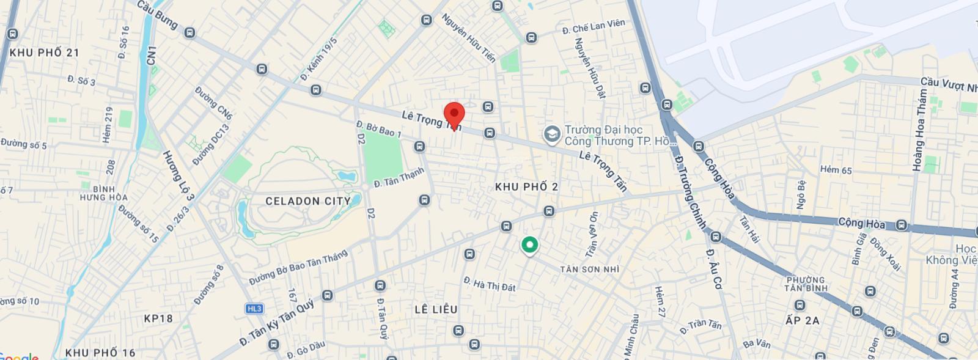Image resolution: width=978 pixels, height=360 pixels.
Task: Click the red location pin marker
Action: [x=454, y=114]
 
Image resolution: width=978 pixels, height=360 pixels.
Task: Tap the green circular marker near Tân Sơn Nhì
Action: [x=529, y=245]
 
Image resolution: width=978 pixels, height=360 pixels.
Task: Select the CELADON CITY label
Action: [x=308, y=201]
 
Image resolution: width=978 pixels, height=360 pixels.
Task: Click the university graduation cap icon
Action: [x=552, y=135]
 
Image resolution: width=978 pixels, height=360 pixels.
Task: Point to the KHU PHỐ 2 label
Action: [x=526, y=187]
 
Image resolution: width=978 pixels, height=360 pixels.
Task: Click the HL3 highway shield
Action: [x=254, y=309]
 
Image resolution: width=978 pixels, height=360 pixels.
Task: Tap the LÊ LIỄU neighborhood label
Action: [x=436, y=310]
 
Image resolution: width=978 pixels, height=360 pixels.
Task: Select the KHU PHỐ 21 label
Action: [x=45, y=53]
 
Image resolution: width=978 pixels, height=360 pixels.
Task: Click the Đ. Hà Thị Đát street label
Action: [x=490, y=284]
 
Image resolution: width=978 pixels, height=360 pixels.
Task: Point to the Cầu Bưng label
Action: [x=157, y=15]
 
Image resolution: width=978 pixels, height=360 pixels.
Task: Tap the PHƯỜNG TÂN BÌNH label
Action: [x=806, y=284]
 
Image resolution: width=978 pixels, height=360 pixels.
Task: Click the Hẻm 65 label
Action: [x=836, y=170]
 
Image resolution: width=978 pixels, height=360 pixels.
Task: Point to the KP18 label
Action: [x=158, y=318]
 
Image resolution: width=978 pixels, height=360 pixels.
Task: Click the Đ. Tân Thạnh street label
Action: [x=399, y=177]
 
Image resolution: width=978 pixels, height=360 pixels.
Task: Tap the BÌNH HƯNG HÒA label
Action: [x=104, y=193]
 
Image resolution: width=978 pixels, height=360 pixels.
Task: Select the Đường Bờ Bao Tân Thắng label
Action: [x=298, y=268]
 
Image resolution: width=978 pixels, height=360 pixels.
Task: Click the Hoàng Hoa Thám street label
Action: [x=919, y=130]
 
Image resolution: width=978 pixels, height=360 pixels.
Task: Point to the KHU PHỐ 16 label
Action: [x=100, y=353]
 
